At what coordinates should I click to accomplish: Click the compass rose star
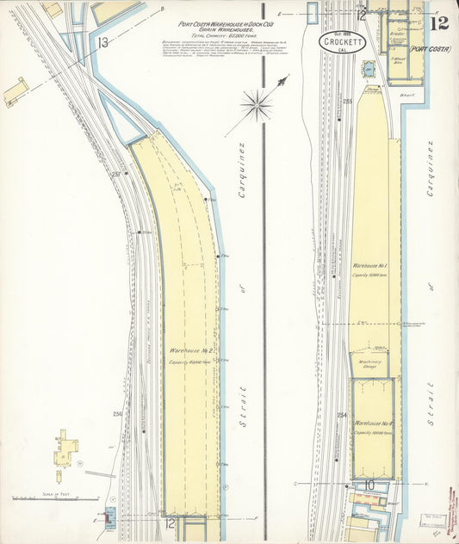tap(257, 107)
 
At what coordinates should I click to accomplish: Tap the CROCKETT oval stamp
tap(342, 42)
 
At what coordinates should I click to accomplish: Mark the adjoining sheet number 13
tap(102, 41)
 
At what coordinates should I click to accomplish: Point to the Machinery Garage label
tap(372, 365)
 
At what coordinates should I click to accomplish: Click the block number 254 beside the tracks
tap(342, 416)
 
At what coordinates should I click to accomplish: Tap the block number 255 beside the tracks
tap(347, 102)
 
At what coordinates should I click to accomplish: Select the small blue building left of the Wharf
tap(369, 67)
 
